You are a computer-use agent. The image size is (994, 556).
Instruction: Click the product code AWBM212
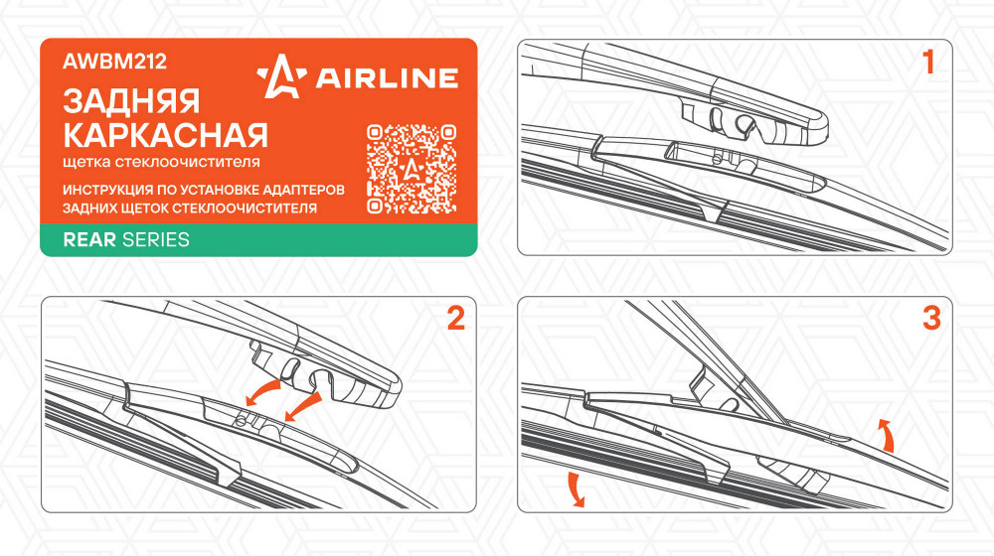[x=114, y=62]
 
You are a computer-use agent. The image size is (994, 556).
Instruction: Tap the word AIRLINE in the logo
[x=387, y=77]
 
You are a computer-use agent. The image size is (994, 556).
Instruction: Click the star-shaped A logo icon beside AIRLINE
[x=281, y=76]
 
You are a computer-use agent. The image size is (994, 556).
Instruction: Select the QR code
[x=412, y=169]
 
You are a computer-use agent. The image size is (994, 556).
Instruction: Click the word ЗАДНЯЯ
[x=131, y=101]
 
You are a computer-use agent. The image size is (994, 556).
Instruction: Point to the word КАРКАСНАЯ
[x=165, y=135]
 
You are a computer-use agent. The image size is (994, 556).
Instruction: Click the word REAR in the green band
[x=89, y=240]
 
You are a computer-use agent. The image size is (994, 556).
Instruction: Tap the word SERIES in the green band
[x=156, y=240]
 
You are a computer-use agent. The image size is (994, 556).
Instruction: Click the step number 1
[x=928, y=63]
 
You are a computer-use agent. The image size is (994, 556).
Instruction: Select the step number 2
[x=456, y=318]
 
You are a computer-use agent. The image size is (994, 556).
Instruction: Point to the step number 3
[x=931, y=318]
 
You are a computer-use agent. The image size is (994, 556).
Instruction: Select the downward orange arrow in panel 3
[x=575, y=488]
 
